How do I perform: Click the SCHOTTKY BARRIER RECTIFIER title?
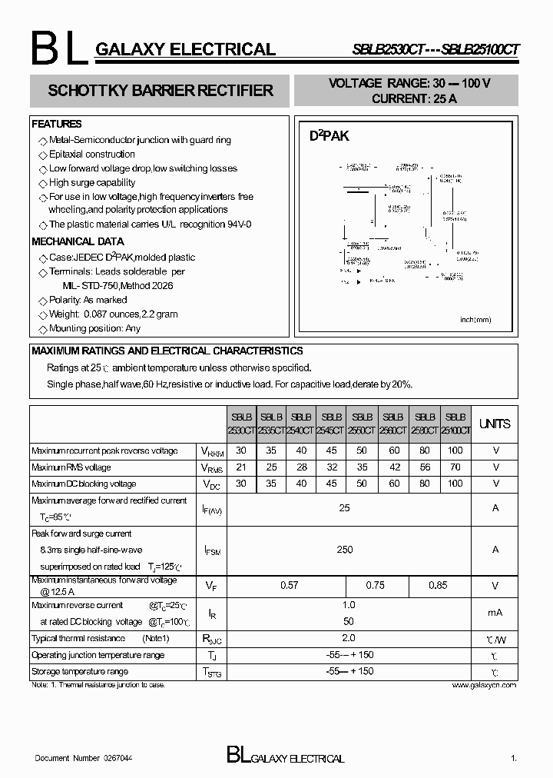pyautogui.click(x=161, y=91)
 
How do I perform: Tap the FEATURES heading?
pyautogui.click(x=57, y=124)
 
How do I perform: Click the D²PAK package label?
pyautogui.click(x=329, y=136)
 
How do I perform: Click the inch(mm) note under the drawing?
pyautogui.click(x=475, y=320)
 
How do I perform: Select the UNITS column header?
pyautogui.click(x=495, y=424)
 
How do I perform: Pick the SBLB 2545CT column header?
pyautogui.click(x=332, y=424)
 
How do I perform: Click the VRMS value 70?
pyautogui.click(x=455, y=467)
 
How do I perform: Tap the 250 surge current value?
pyautogui.click(x=345, y=549)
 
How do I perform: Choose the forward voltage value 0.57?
pyautogui.click(x=289, y=586)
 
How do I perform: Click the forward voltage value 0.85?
pyautogui.click(x=438, y=586)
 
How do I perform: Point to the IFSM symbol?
pyautogui.click(x=213, y=550)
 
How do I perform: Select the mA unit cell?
pyautogui.click(x=495, y=613)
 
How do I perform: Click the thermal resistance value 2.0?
pyautogui.click(x=348, y=638)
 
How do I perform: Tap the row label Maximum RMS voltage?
pyautogui.click(x=71, y=467)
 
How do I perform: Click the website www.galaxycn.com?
pyautogui.click(x=484, y=685)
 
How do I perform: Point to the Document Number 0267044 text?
pyautogui.click(x=84, y=758)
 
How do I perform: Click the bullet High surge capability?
pyautogui.click(x=91, y=183)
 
